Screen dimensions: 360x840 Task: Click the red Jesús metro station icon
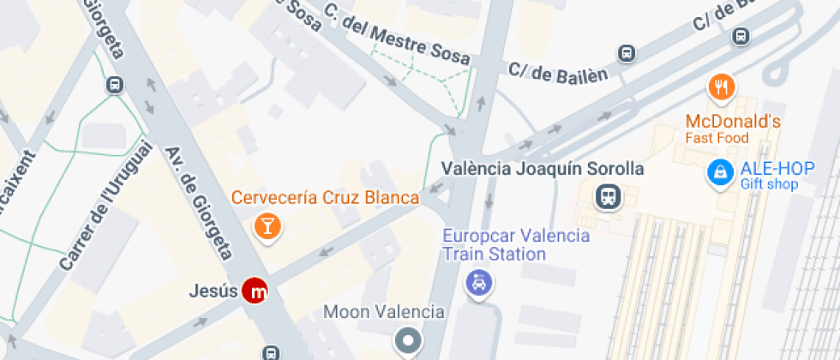(255, 291)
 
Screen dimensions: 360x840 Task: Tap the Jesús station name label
(213, 291)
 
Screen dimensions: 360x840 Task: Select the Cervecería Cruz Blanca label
(326, 198)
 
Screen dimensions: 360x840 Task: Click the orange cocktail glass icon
(267, 226)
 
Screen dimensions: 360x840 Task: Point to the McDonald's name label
(733, 122)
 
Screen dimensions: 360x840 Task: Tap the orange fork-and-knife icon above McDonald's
(723, 87)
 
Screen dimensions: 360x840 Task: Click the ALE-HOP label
(766, 168)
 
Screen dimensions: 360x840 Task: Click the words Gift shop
(769, 184)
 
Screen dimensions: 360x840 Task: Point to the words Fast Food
(717, 138)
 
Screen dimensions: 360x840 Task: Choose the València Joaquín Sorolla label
(542, 168)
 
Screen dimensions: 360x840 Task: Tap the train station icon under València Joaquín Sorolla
(609, 197)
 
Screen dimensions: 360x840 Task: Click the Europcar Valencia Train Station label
(515, 244)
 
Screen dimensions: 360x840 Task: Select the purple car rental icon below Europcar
(477, 281)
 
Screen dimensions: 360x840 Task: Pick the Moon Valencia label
(383, 312)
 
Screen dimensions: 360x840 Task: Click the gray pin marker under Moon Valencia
(408, 341)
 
